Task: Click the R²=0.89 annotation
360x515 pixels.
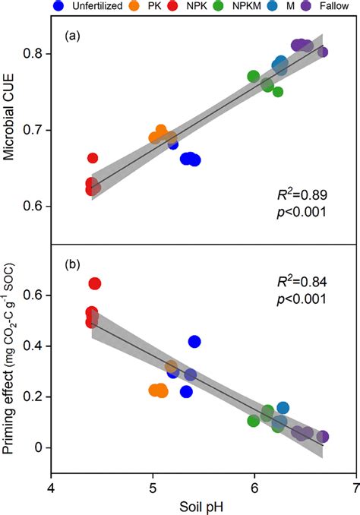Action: (301, 194)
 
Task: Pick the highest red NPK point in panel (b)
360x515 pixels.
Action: (95, 284)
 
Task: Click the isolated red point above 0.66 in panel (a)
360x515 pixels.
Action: (93, 158)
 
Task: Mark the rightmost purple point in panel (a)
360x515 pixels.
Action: (323, 52)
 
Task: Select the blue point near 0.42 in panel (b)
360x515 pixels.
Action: (194, 342)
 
